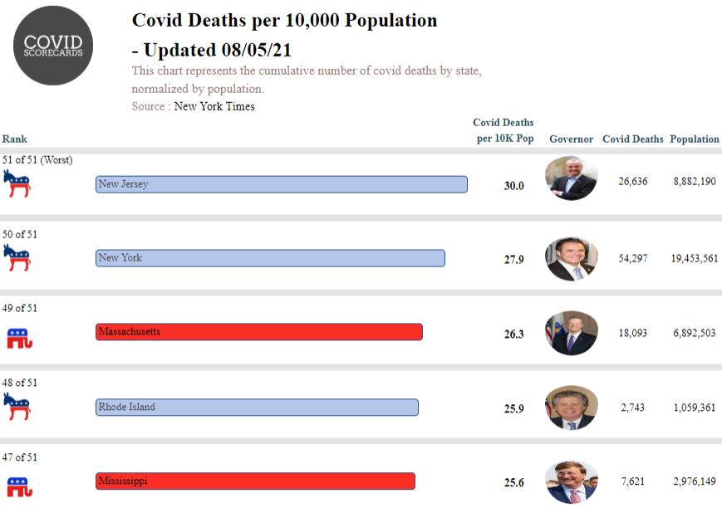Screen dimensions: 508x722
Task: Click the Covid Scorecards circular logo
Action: click(53, 46)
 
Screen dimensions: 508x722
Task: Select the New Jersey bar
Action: click(281, 184)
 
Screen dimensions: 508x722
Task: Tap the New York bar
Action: click(270, 258)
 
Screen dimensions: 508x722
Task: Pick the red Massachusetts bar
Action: click(258, 332)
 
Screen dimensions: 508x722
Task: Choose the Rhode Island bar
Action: click(257, 408)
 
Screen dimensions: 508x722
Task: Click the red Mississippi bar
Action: click(255, 481)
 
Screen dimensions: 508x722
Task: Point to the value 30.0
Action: click(514, 186)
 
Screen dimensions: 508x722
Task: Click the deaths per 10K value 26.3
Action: click(514, 335)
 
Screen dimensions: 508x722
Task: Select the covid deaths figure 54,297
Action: click(633, 259)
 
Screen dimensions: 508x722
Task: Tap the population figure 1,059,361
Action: click(694, 408)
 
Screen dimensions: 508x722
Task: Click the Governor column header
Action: click(571, 139)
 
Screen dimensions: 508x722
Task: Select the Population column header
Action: click(694, 139)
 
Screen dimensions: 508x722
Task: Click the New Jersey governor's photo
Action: click(571, 178)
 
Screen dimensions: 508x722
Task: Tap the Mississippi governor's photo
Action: click(571, 481)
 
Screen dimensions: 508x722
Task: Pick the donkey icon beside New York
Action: click(17, 258)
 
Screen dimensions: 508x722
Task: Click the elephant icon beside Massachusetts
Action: click(18, 338)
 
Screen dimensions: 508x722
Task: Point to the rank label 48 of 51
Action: click(20, 383)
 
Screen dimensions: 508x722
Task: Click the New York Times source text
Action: click(214, 107)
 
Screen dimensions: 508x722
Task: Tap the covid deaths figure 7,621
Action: click(633, 481)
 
